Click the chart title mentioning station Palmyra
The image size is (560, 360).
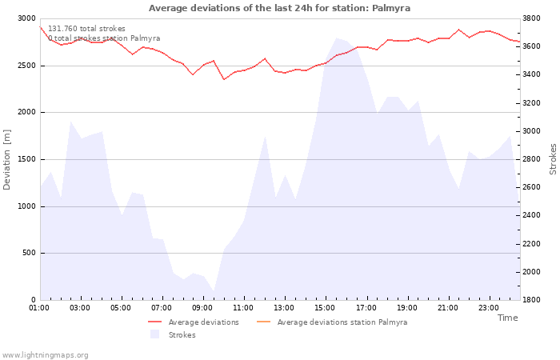coord(279,8)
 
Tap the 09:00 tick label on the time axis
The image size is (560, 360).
coord(202,308)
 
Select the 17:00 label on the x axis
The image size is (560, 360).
coord(366,308)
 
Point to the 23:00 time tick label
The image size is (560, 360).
coord(488,308)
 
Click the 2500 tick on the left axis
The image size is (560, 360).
coord(26,66)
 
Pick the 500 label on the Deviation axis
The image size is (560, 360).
coord(29,253)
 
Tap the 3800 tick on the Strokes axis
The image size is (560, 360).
coord(531,18)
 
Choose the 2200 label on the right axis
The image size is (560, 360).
coord(531,244)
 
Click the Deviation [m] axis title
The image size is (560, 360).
coord(6,160)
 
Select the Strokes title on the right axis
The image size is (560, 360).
coord(553,159)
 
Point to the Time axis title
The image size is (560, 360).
coord(507,318)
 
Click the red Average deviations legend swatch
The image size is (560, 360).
coord(155,322)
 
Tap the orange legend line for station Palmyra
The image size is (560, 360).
coord(264,322)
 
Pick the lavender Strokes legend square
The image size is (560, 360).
coord(155,334)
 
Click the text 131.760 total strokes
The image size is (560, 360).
coord(86,29)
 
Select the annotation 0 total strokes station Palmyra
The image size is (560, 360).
coord(104,38)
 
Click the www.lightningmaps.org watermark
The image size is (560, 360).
coord(45,355)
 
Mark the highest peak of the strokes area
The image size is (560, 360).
coord(336,38)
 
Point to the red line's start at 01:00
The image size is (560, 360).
coord(40,26)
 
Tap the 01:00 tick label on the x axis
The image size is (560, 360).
coord(39,308)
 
